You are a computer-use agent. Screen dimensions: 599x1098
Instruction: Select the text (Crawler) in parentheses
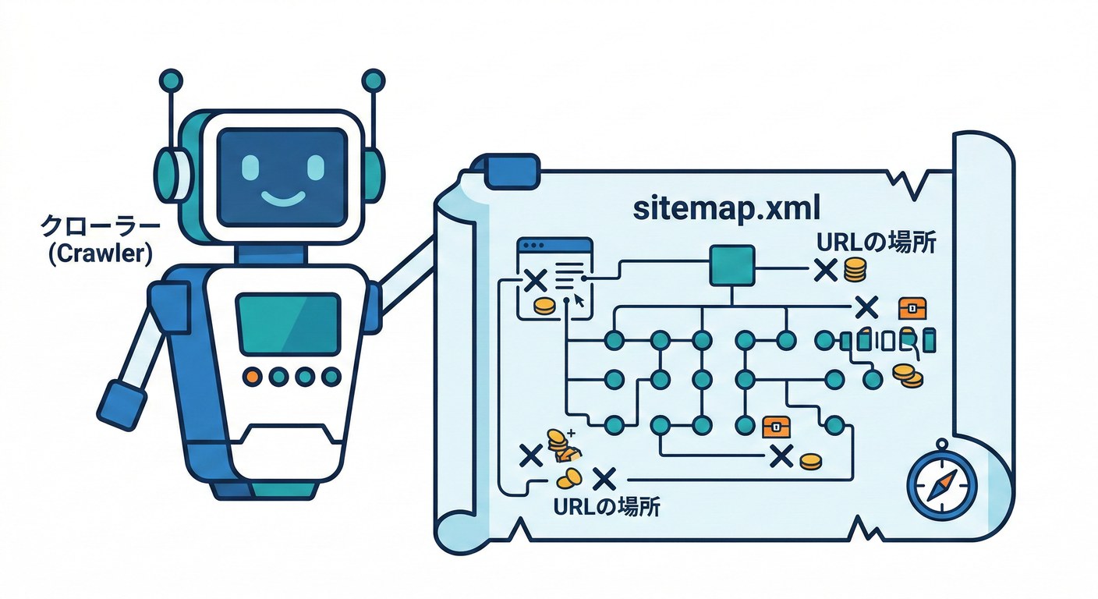tap(99, 254)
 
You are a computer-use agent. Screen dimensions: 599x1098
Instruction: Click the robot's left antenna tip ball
tap(170, 80)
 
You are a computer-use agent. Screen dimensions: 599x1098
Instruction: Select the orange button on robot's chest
tap(252, 376)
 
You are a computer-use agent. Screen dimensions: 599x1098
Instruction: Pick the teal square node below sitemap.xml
tap(731, 267)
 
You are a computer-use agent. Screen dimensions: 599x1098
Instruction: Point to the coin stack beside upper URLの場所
tap(855, 271)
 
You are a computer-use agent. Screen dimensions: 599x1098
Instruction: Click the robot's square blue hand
tap(123, 403)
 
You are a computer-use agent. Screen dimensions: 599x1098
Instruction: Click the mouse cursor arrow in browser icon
tap(579, 301)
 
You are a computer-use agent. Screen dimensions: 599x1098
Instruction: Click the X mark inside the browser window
tap(535, 282)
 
